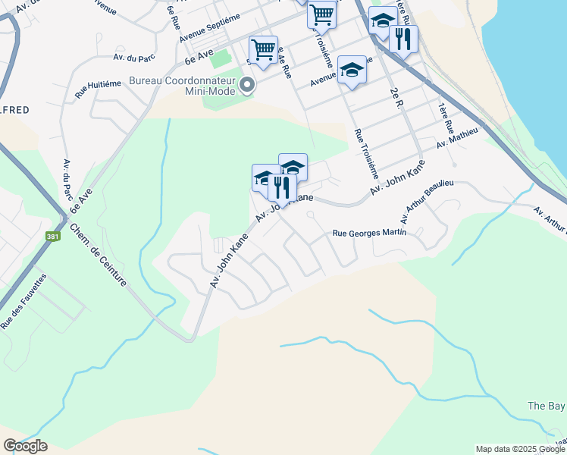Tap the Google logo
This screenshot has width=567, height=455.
tap(25, 446)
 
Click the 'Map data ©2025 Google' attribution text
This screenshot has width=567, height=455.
tap(520, 449)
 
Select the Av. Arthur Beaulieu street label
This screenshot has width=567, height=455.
tap(426, 202)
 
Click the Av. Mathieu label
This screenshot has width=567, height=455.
tap(458, 137)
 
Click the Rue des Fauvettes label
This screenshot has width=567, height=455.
tap(24, 301)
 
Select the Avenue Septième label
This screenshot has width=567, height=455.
tap(209, 28)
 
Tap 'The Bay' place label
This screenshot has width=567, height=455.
tap(546, 406)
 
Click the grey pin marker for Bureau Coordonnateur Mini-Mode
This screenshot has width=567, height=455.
tap(248, 86)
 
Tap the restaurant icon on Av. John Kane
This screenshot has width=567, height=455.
tap(281, 187)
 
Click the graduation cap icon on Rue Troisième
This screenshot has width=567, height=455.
tap(351, 70)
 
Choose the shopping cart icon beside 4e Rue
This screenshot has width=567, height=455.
tap(263, 50)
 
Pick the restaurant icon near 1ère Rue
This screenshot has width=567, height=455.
tap(403, 38)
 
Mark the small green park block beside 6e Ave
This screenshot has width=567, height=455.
tap(219, 58)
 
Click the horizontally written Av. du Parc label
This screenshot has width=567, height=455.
tap(133, 57)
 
